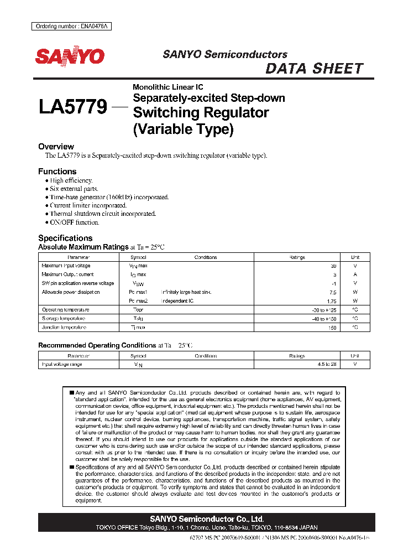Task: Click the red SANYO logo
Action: coord(70,56)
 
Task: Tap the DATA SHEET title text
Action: coord(314,69)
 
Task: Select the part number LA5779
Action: coord(73,106)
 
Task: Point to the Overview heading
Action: coord(56,147)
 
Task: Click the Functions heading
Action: coord(57,172)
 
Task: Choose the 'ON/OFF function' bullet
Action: coord(75,222)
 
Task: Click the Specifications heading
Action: coord(65,238)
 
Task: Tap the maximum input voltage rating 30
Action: coord(333,266)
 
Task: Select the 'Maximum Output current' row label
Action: coord(67,274)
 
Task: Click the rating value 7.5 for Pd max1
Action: coord(332,292)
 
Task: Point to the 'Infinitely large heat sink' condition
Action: coord(186,292)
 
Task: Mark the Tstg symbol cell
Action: coord(138,319)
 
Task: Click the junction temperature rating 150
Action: coord(332,328)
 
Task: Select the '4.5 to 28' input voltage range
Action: coord(326,365)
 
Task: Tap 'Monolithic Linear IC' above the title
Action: coord(167,87)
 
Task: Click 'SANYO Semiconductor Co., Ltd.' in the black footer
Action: coord(207,519)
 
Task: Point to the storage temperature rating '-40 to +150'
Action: coord(324,319)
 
